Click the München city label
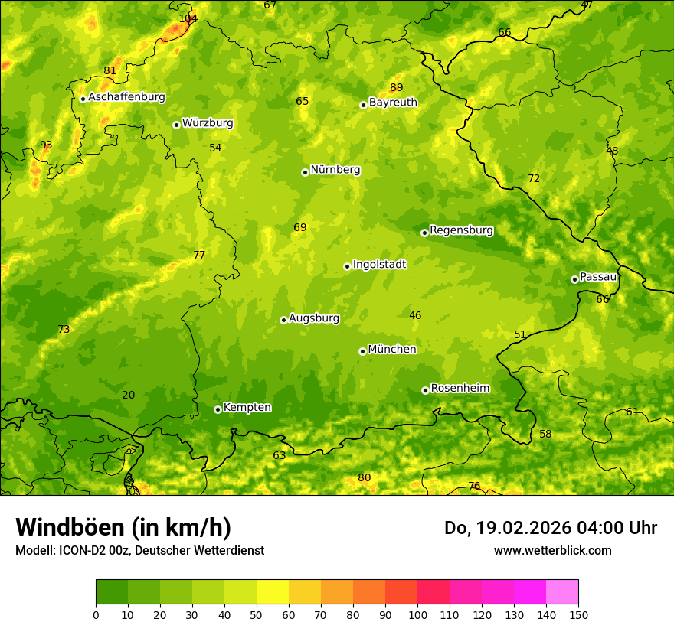(x=392, y=350)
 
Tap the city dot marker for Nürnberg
(x=305, y=172)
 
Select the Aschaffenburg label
(x=126, y=97)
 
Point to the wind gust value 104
(x=188, y=18)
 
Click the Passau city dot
(x=574, y=279)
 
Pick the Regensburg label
(x=461, y=230)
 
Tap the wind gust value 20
(x=128, y=395)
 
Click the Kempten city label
(x=247, y=408)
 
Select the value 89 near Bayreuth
(x=396, y=87)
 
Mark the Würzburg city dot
(x=176, y=125)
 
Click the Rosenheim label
(x=460, y=389)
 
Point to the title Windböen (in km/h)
(x=123, y=527)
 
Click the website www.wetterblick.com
(x=552, y=550)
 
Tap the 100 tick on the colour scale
(x=417, y=614)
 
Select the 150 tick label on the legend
(x=578, y=614)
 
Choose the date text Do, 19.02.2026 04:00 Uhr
(x=550, y=528)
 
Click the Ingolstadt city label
(x=379, y=265)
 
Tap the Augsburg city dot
(x=283, y=320)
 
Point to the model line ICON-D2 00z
(x=139, y=550)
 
